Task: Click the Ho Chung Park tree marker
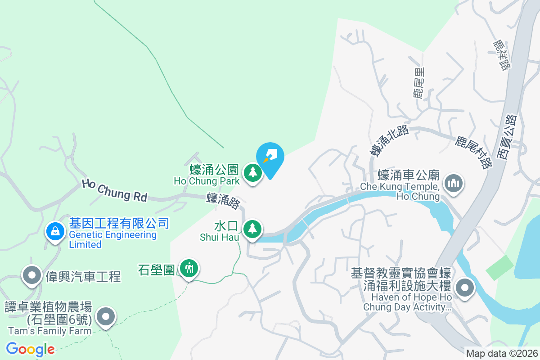(253, 173)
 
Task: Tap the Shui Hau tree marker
(253, 229)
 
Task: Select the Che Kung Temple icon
(453, 183)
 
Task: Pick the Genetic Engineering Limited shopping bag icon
(55, 231)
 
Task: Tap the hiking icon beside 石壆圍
(189, 269)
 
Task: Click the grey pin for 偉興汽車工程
(32, 275)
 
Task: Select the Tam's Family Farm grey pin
(106, 317)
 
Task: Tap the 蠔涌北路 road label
(389, 140)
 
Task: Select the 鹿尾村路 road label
(473, 152)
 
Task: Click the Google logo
(30, 349)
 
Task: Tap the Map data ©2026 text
(501, 354)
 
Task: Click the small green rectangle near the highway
(499, 267)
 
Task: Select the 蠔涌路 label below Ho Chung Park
(224, 201)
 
